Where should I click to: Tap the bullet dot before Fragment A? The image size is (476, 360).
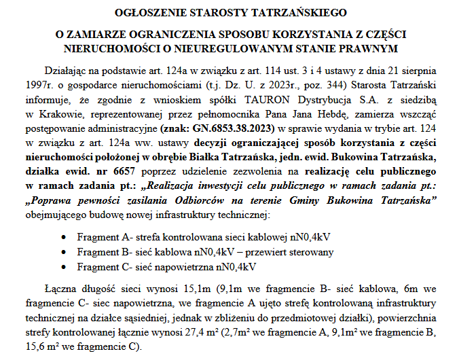(63, 237)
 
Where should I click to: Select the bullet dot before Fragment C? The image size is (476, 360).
(63, 267)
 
